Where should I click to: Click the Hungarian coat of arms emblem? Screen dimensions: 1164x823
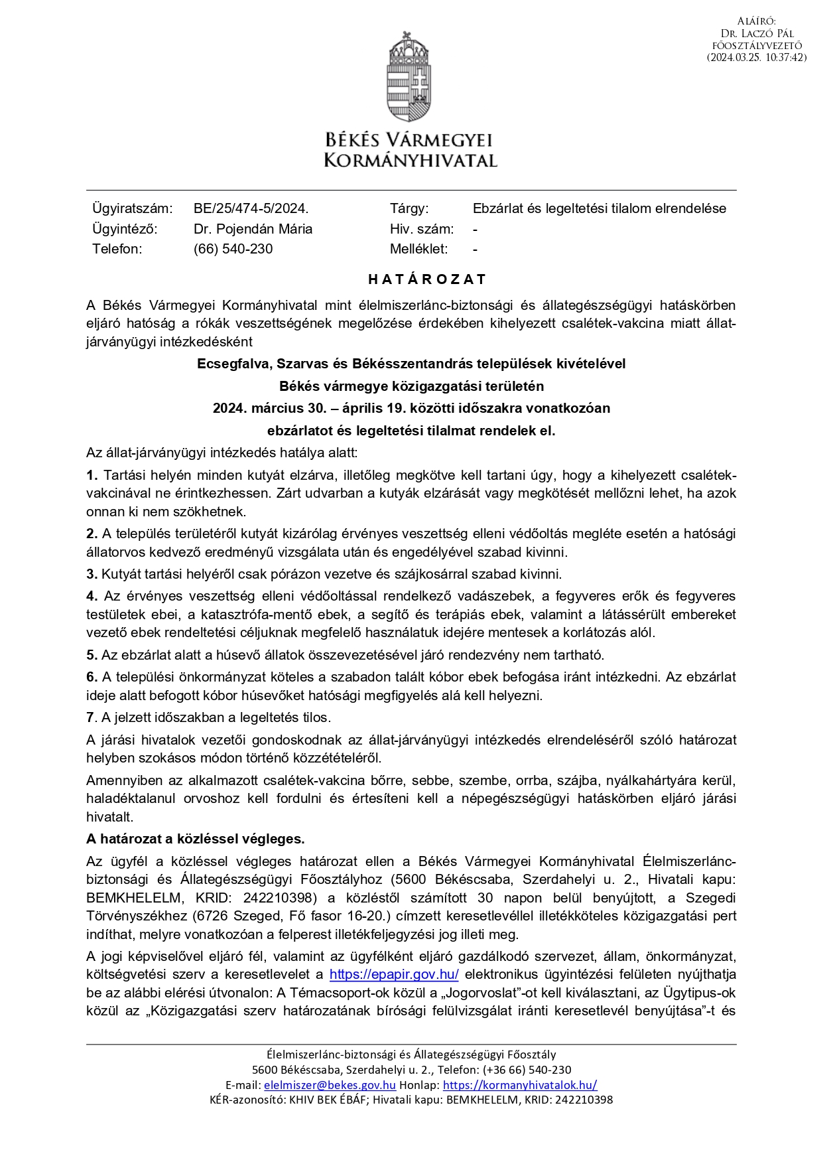click(411, 76)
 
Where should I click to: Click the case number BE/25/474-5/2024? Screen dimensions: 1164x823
click(251, 208)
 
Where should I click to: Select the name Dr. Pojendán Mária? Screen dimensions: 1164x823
click(253, 229)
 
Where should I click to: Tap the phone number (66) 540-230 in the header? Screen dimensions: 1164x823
click(233, 249)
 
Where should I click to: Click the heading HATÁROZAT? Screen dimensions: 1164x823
click(427, 279)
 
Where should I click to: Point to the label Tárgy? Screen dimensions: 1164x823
click(409, 208)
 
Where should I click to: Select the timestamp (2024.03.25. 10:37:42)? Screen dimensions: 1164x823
click(757, 58)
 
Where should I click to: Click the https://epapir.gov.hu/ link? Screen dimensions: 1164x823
click(394, 975)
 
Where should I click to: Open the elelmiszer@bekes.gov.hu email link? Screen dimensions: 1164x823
click(330, 1085)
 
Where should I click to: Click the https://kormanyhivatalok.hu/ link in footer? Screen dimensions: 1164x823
click(519, 1085)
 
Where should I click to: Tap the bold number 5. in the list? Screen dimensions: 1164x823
click(92, 655)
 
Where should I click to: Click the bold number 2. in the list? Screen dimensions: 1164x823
click(92, 534)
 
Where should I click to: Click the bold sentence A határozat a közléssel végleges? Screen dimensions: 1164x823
click(195, 839)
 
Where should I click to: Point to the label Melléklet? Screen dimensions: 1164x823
click(418, 249)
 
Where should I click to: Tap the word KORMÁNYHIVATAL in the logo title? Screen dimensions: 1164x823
click(411, 160)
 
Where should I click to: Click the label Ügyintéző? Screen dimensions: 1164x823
click(125, 229)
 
